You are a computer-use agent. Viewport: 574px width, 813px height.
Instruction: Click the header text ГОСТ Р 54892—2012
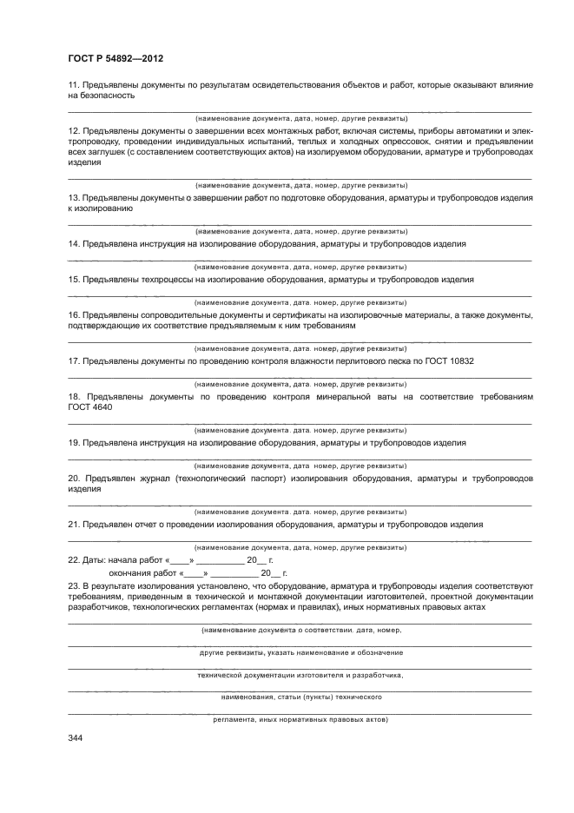coord(115,58)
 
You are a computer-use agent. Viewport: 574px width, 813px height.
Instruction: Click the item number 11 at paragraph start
coord(74,84)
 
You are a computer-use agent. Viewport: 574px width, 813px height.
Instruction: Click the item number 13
coord(74,198)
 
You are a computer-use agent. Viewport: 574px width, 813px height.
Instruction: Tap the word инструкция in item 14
coord(165,244)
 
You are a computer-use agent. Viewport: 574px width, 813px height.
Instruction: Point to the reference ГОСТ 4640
coord(85,407)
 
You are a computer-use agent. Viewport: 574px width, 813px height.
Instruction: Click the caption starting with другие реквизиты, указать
coord(300,651)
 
